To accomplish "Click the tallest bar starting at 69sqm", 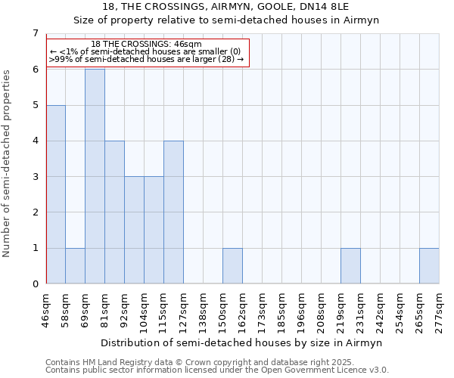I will (95, 176).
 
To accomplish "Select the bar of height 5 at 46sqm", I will (55, 194).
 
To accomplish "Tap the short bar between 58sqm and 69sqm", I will (75, 266).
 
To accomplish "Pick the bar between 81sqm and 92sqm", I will (114, 212).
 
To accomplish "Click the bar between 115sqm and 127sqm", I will (173, 212).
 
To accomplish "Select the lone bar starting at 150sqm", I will (232, 266).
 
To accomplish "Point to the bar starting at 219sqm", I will (350, 266).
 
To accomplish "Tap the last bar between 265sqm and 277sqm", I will (429, 266).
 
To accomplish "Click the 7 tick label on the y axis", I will (35, 33).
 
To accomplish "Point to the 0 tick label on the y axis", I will (35, 284).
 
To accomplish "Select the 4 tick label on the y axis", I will (35, 141).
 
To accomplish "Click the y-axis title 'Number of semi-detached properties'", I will (8, 163).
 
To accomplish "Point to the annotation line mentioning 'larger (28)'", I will (146, 59).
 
